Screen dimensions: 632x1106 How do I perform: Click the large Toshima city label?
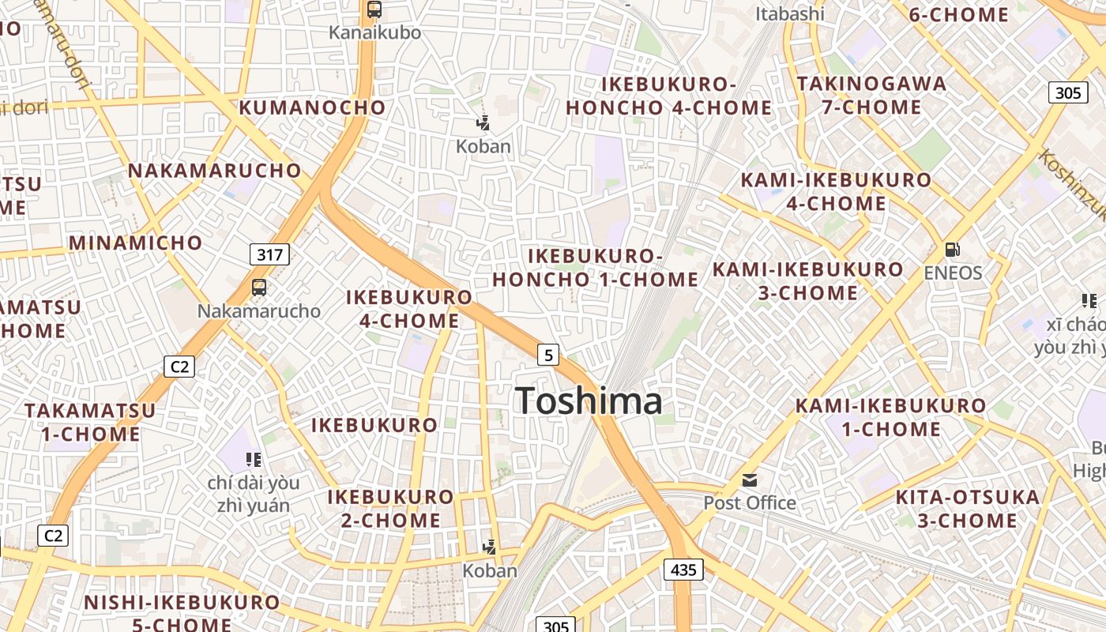pyautogui.click(x=589, y=401)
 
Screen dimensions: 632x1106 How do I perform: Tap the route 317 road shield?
pyautogui.click(x=269, y=254)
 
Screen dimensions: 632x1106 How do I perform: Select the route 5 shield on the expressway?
pyautogui.click(x=548, y=355)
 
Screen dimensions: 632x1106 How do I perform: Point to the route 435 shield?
pyautogui.click(x=683, y=569)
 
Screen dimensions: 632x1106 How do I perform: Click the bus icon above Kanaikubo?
pyautogui.click(x=374, y=10)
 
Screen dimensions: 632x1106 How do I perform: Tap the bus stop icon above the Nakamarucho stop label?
pyautogui.click(x=259, y=288)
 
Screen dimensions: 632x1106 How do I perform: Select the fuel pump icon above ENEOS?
pyautogui.click(x=953, y=250)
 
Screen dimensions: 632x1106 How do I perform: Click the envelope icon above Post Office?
pyautogui.click(x=749, y=480)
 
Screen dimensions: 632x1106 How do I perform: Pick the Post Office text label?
pyautogui.click(x=750, y=502)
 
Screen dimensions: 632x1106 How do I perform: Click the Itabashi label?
pyautogui.click(x=789, y=13)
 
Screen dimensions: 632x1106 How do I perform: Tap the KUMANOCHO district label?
pyautogui.click(x=312, y=107)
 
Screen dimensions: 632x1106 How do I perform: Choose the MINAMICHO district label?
pyautogui.click(x=136, y=243)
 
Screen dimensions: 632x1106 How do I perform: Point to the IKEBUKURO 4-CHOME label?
pyautogui.click(x=409, y=309)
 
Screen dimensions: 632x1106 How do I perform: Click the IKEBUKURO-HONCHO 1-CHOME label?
pyautogui.click(x=595, y=268)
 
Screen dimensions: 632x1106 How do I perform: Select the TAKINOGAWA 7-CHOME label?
pyautogui.click(x=871, y=95)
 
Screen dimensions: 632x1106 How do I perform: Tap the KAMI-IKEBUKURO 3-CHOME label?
pyautogui.click(x=808, y=281)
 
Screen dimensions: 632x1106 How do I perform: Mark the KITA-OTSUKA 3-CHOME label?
pyautogui.click(x=968, y=509)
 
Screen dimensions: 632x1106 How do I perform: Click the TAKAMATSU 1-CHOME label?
pyautogui.click(x=90, y=422)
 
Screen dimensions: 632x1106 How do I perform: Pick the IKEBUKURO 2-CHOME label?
pyautogui.click(x=391, y=509)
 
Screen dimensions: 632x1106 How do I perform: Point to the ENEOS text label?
pyautogui.click(x=953, y=273)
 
